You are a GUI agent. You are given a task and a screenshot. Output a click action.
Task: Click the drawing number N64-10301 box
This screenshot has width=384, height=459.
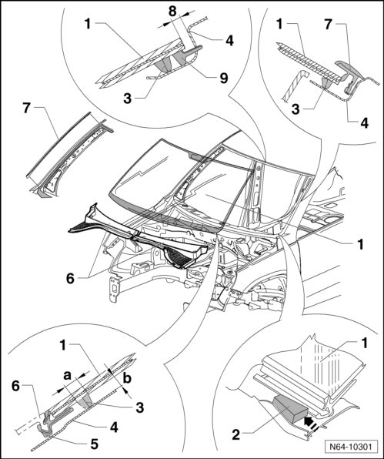point(351,447)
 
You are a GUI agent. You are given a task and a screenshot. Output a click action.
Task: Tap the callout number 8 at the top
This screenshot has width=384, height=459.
point(172,12)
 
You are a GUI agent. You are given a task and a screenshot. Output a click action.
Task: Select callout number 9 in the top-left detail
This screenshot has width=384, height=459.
point(224,78)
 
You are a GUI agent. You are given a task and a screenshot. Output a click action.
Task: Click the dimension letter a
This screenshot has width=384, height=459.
point(68,375)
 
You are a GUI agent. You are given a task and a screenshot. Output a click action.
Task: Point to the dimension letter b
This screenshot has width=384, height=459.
point(127,378)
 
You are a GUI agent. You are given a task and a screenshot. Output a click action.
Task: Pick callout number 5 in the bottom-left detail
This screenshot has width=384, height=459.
point(94,444)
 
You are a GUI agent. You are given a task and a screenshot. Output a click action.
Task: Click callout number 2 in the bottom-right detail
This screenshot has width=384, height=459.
point(235,434)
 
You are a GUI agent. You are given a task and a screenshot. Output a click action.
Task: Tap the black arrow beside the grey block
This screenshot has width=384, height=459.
point(309,421)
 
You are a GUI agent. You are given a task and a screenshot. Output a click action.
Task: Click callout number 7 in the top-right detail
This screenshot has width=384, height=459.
point(328,24)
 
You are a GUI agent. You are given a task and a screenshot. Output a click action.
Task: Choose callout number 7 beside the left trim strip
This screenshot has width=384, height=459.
point(26,108)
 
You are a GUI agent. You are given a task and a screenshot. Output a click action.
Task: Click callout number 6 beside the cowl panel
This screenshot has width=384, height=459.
point(70,278)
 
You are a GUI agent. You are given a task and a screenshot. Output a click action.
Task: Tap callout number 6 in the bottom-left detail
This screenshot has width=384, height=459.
point(15,386)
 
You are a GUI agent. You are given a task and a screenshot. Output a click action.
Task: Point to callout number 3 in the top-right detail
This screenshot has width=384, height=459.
point(296,109)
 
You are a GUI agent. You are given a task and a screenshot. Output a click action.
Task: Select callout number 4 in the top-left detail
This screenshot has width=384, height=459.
point(229,41)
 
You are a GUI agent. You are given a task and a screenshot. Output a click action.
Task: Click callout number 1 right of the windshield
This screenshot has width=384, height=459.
point(360,244)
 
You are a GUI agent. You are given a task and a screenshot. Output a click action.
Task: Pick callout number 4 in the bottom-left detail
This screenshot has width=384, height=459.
point(114,427)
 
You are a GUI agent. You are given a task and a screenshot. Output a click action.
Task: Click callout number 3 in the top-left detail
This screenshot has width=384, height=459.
point(128,99)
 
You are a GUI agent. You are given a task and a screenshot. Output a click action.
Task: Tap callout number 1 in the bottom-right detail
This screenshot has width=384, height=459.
point(364,343)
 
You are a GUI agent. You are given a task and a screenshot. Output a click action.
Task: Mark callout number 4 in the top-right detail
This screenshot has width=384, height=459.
point(364,123)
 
